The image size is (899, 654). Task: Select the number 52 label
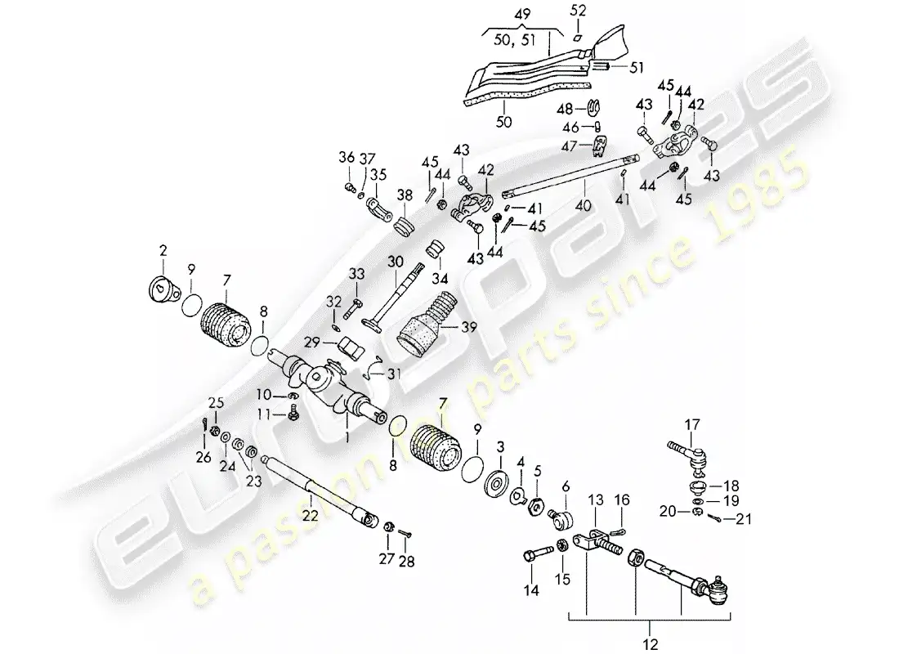coord(579,11)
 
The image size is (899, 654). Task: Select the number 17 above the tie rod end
coord(692,424)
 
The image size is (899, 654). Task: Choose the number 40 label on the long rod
coord(582,196)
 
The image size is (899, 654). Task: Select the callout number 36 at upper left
coord(347,158)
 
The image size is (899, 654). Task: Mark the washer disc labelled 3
coord(494,482)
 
